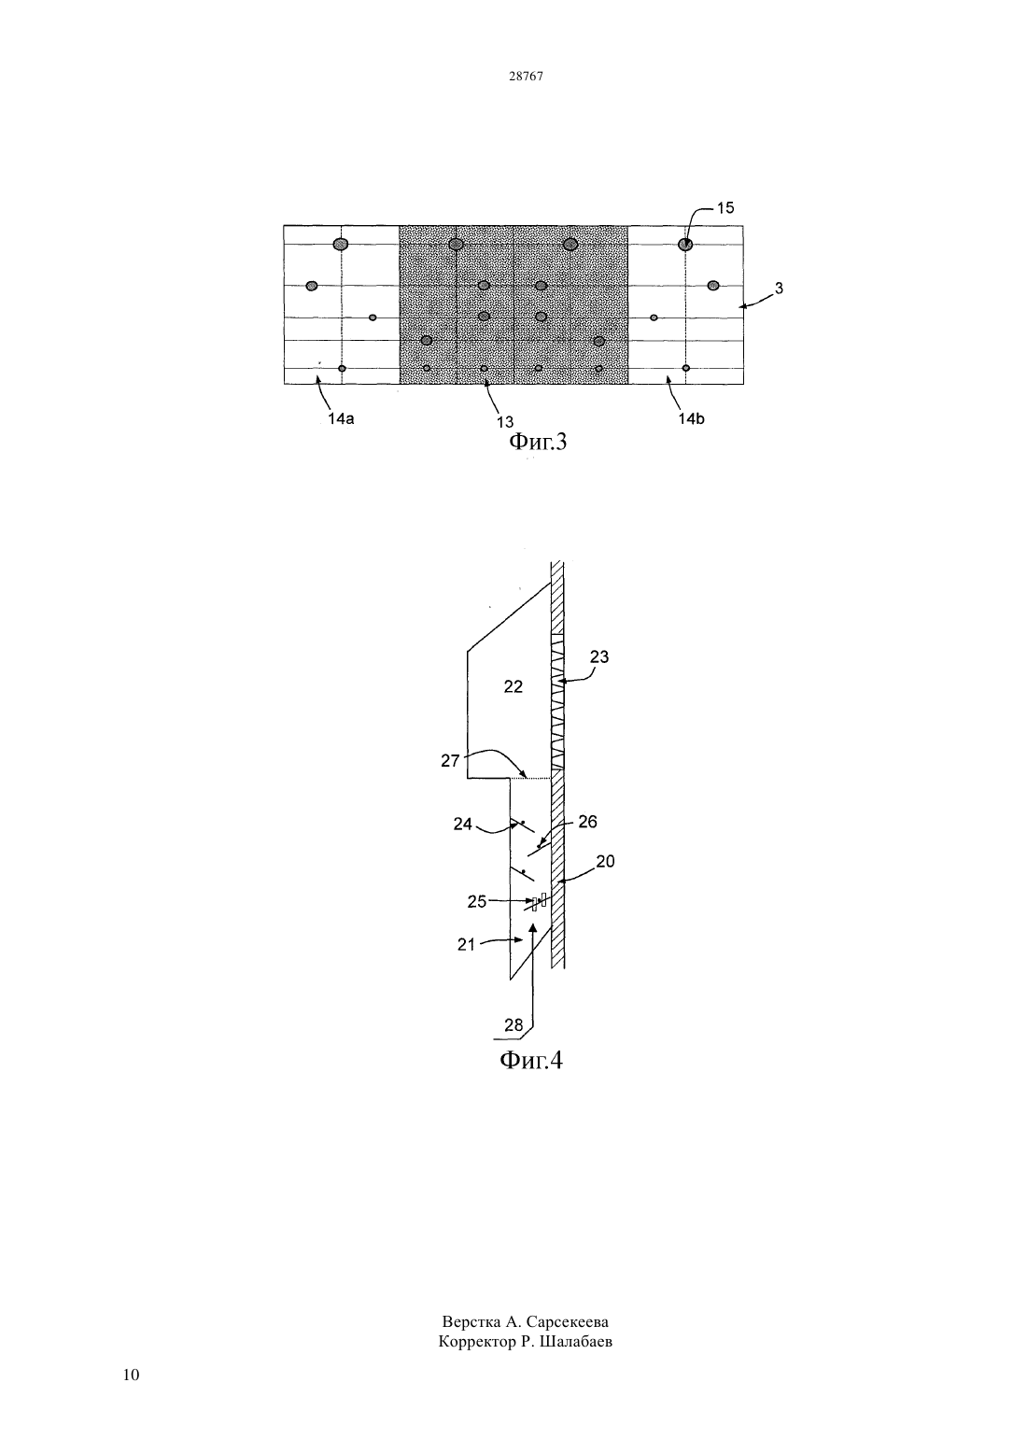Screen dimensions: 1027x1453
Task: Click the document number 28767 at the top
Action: [x=526, y=77]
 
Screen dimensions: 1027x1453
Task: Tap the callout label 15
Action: [x=725, y=207]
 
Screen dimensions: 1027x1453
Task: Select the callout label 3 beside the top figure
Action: [x=779, y=288]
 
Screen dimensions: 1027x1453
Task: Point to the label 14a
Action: [x=341, y=418]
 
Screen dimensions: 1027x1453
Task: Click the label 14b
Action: [x=691, y=418]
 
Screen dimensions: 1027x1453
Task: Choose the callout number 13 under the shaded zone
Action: [x=505, y=422]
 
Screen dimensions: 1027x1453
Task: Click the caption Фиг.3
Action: [x=538, y=442]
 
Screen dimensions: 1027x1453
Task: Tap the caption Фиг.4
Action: [x=531, y=1061]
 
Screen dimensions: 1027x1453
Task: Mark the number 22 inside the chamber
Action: [x=513, y=686]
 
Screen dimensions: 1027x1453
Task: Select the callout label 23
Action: [x=599, y=657]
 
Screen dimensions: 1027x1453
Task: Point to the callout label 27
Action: [x=450, y=761]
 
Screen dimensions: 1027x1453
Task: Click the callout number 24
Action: [x=462, y=825]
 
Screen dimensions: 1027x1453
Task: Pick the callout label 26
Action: [x=587, y=822]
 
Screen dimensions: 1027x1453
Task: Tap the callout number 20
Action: [x=605, y=861]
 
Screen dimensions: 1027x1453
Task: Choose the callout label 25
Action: [x=477, y=902]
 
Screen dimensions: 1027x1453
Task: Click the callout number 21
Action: [x=466, y=945]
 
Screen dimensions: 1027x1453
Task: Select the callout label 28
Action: [x=513, y=1025]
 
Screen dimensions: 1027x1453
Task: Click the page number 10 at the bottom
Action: [x=131, y=1375]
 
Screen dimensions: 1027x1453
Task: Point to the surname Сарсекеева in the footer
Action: [x=568, y=1322]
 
